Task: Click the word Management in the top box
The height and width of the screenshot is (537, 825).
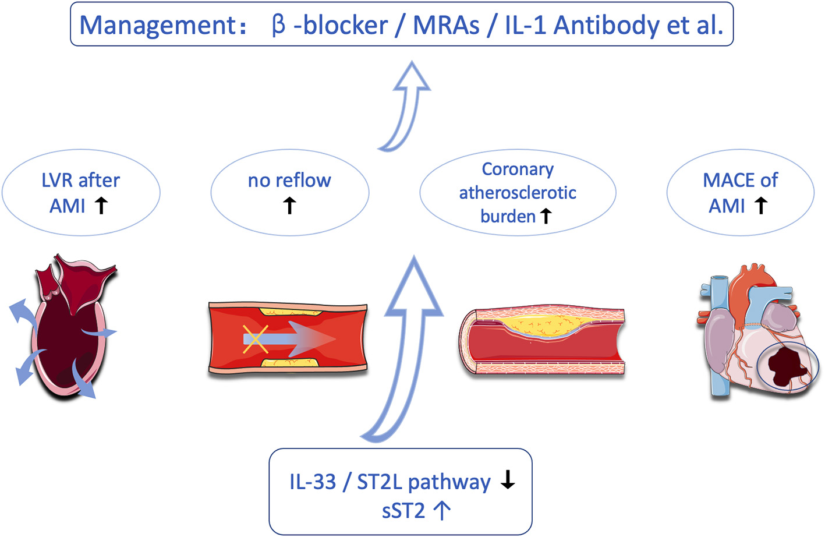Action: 157,26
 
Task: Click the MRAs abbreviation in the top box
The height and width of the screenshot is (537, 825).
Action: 446,26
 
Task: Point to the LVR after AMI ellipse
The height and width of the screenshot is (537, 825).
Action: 81,193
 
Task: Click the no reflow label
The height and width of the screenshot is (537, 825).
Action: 289,181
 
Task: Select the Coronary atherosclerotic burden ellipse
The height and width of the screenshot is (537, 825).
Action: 518,193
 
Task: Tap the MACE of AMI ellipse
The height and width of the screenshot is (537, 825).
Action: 740,193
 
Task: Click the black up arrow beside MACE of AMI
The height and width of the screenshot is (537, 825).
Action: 760,206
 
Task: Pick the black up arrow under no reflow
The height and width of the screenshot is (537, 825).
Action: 289,206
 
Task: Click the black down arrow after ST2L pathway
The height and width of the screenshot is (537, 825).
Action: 508,479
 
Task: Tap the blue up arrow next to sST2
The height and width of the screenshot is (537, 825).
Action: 442,510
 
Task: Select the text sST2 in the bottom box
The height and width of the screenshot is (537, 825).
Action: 403,511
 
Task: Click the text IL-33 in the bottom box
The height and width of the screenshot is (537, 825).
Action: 313,482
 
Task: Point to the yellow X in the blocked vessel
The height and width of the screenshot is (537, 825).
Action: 255,340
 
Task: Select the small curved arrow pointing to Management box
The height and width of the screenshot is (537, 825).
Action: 408,105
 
